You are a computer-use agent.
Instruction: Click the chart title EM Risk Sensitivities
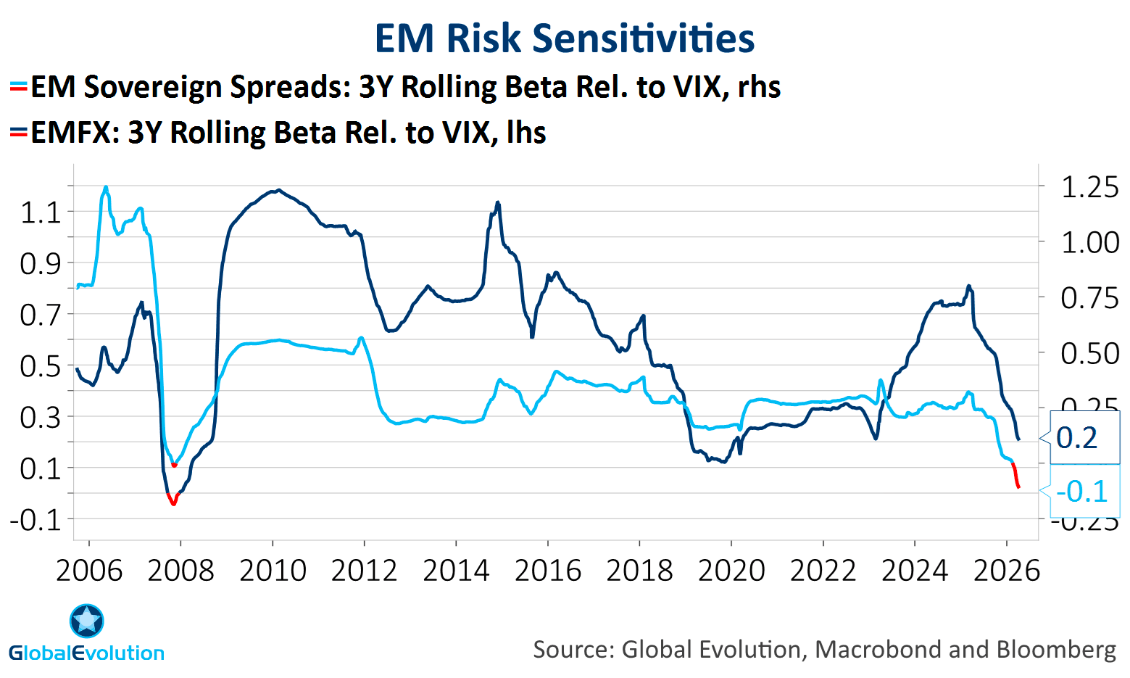[x=565, y=38]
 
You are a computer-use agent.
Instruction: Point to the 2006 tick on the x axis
[x=89, y=571]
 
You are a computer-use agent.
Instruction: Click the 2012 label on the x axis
[x=364, y=571]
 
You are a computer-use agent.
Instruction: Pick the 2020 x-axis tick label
[x=731, y=571]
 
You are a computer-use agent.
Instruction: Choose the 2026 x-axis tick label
[x=1006, y=571]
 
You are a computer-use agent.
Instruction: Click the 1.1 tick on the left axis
[x=41, y=212]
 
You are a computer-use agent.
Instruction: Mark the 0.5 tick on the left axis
[x=41, y=365]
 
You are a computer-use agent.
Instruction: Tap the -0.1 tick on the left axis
[x=36, y=519]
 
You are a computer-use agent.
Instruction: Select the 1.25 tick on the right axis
[x=1089, y=187]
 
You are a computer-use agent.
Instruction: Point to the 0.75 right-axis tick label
[x=1089, y=298]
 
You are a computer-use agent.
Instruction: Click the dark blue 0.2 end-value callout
[x=1077, y=438]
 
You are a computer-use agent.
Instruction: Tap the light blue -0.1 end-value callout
[x=1081, y=492]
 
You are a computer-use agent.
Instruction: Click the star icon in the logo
[x=87, y=621]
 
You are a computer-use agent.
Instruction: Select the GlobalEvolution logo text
[x=87, y=653]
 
